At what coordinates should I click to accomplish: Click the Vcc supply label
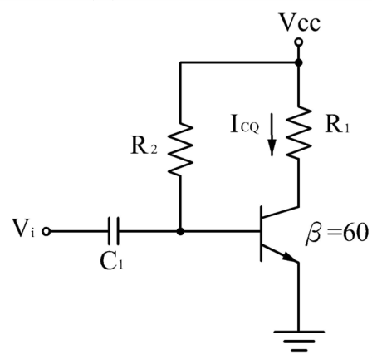(300, 22)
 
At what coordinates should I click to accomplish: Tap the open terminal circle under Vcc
(298, 42)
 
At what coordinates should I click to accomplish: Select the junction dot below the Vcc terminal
(298, 62)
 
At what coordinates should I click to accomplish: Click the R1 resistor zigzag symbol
(298, 132)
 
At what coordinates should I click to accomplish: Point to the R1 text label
(337, 125)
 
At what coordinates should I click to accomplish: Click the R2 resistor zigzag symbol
(180, 149)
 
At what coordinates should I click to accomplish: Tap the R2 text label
(144, 145)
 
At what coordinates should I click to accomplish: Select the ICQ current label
(245, 126)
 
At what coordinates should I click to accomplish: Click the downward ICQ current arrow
(272, 135)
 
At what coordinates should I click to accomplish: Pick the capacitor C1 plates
(114, 231)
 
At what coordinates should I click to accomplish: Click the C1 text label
(111, 261)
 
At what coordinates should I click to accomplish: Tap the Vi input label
(23, 229)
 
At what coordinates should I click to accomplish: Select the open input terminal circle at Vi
(47, 231)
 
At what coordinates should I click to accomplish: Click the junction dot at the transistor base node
(180, 231)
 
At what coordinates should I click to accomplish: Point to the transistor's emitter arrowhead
(290, 257)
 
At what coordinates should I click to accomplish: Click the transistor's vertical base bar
(261, 234)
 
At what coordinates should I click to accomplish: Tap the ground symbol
(299, 341)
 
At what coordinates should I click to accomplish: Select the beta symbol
(314, 234)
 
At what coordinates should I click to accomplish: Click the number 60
(356, 233)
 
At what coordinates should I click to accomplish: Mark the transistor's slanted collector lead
(280, 212)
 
